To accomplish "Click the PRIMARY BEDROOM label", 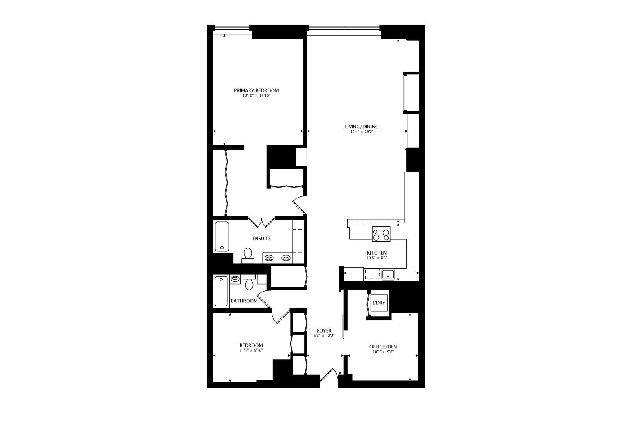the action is point(256,90).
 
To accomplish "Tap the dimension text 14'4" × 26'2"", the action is point(361,132).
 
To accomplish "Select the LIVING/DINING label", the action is point(361,127).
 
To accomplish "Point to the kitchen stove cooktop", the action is point(381,234).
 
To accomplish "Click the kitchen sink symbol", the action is point(388,275).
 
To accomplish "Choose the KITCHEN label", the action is point(376,253).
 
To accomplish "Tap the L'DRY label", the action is point(379,303).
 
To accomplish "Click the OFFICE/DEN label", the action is point(383,347).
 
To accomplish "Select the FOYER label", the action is point(324,331).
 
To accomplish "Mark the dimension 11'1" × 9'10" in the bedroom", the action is point(251,350).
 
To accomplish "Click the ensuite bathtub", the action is point(222,237).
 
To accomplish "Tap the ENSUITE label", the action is point(261,239).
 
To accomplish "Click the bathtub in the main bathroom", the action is point(221,291).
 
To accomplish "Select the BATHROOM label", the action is point(244,301).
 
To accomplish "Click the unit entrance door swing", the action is point(329,375).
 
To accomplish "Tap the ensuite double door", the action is point(261,222).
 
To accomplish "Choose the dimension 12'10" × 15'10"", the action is point(256,96).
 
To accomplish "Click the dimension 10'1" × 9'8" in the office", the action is point(383,352).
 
